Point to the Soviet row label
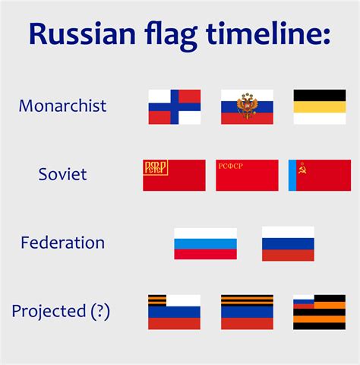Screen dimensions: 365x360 [x=62, y=174]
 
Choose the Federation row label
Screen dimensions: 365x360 [x=62, y=243]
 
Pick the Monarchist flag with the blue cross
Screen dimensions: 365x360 [x=174, y=107]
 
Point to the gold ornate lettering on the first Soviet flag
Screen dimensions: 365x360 [x=156, y=167]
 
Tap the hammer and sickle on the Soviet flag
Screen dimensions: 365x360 [x=302, y=167]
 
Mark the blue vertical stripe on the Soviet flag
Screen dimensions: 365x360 [x=292, y=175]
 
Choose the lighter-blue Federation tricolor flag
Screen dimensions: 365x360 [x=205, y=243]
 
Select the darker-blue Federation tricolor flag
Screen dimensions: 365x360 [x=288, y=243]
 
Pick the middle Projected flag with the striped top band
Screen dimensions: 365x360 [x=247, y=312]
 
